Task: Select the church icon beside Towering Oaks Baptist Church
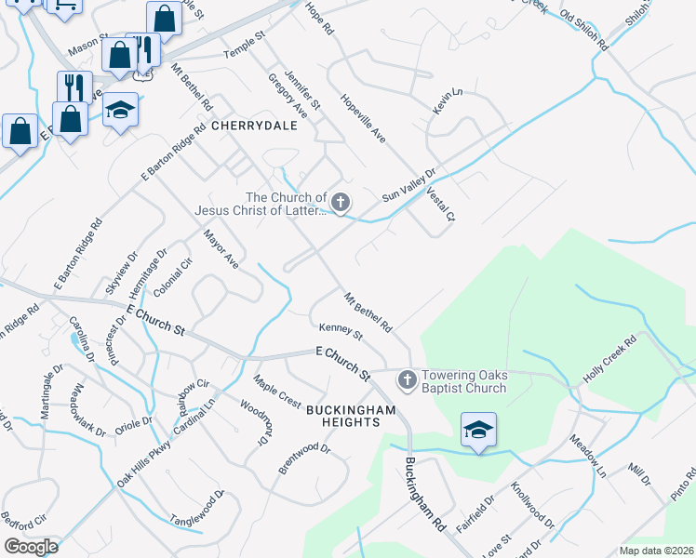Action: (407, 380)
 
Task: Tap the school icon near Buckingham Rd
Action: (478, 430)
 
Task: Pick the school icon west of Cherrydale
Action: (120, 111)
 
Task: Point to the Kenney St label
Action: (340, 330)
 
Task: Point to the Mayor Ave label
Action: (221, 250)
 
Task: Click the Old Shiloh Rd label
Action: (584, 30)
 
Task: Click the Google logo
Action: (31, 547)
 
